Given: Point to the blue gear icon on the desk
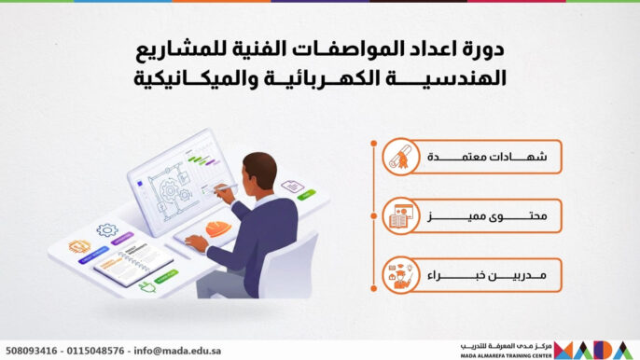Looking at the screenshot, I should click(x=107, y=228).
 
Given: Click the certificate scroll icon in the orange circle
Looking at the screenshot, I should click(x=399, y=159).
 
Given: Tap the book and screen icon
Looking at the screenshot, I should click(x=399, y=216).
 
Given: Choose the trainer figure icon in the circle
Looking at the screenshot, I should click(x=399, y=275).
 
